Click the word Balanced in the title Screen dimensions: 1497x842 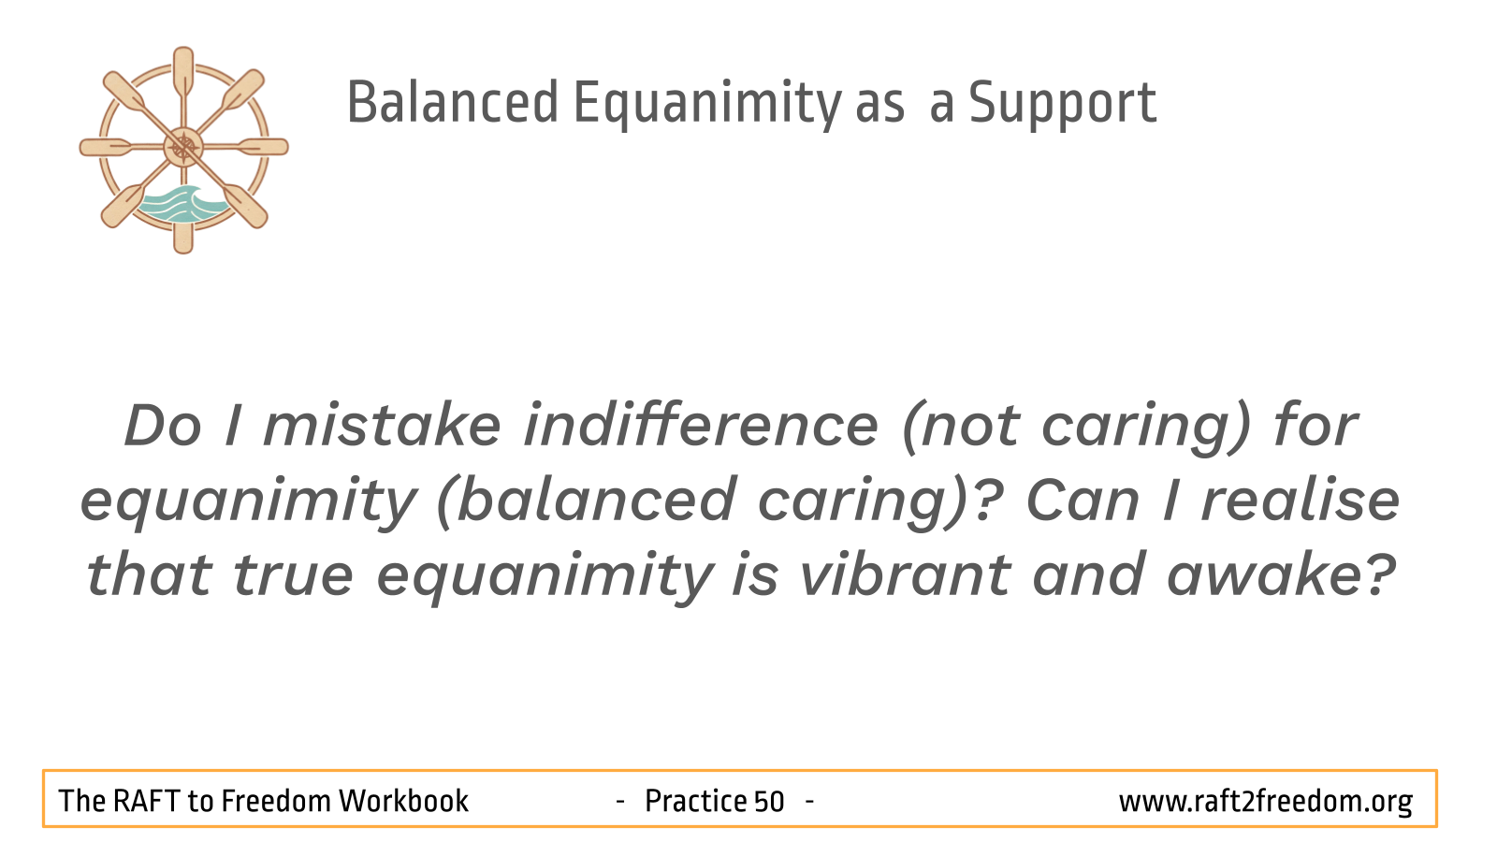coord(453,102)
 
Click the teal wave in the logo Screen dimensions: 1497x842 coord(182,204)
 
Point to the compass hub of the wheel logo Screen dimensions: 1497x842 coord(183,147)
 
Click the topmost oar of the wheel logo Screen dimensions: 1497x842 coord(183,73)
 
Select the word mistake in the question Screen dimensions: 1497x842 coord(382,426)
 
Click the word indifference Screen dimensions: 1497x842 coord(701,426)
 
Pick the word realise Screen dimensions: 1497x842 coord(1301,501)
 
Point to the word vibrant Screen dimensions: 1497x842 coord(906,574)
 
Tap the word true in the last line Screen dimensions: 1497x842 coord(293,576)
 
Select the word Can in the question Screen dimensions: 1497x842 coord(1083,501)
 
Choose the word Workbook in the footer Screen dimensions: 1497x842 coord(403,801)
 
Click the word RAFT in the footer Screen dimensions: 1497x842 coord(145,801)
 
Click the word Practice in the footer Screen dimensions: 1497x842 coord(695,801)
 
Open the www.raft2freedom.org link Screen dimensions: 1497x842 coord(1266,802)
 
